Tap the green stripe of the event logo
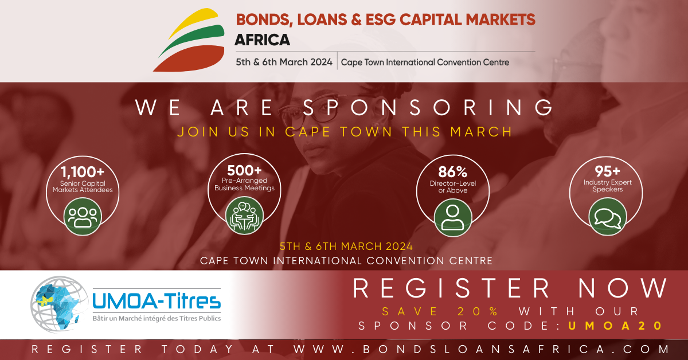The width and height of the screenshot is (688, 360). click(197, 37)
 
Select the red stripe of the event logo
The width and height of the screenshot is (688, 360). click(192, 59)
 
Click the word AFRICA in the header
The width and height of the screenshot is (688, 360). click(263, 40)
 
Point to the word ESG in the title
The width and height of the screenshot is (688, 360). click(380, 19)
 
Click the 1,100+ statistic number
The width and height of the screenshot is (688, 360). click(83, 172)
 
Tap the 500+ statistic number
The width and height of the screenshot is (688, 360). click(244, 170)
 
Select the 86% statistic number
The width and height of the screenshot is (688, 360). click(453, 172)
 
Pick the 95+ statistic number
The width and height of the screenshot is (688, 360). click(607, 171)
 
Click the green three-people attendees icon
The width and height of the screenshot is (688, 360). click(83, 217)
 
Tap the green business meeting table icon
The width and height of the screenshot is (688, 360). click(244, 216)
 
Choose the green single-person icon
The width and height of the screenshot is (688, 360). click(453, 217)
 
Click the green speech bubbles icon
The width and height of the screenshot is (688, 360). click(608, 217)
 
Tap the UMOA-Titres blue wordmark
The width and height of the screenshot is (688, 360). click(157, 301)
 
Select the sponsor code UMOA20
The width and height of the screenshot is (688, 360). click(615, 326)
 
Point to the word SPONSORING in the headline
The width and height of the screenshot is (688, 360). click(428, 108)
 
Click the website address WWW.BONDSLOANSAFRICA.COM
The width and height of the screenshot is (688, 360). click(481, 349)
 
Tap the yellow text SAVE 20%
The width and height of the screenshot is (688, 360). click(440, 311)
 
